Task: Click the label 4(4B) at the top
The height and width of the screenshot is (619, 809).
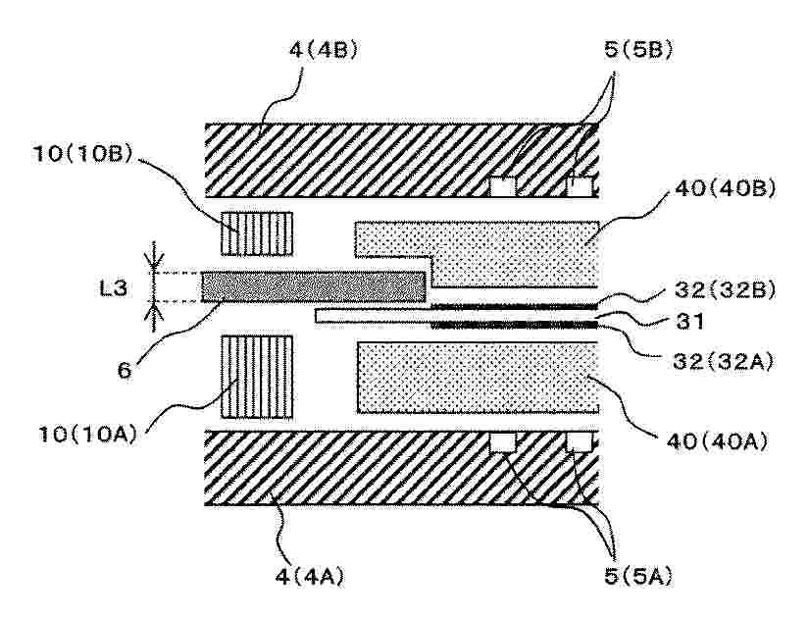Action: [324, 51]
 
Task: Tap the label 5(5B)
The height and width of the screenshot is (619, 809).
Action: [638, 51]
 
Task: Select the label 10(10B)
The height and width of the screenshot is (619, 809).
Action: [83, 153]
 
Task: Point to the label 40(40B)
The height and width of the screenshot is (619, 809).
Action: [726, 189]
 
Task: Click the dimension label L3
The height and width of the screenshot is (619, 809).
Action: [113, 287]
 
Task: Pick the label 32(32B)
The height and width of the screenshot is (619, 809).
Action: [725, 290]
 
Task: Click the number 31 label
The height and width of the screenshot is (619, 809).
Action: [689, 322]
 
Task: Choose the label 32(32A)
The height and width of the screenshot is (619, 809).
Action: [724, 362]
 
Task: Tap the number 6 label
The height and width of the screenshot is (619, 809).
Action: [125, 370]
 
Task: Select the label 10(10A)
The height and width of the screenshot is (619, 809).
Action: [88, 435]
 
